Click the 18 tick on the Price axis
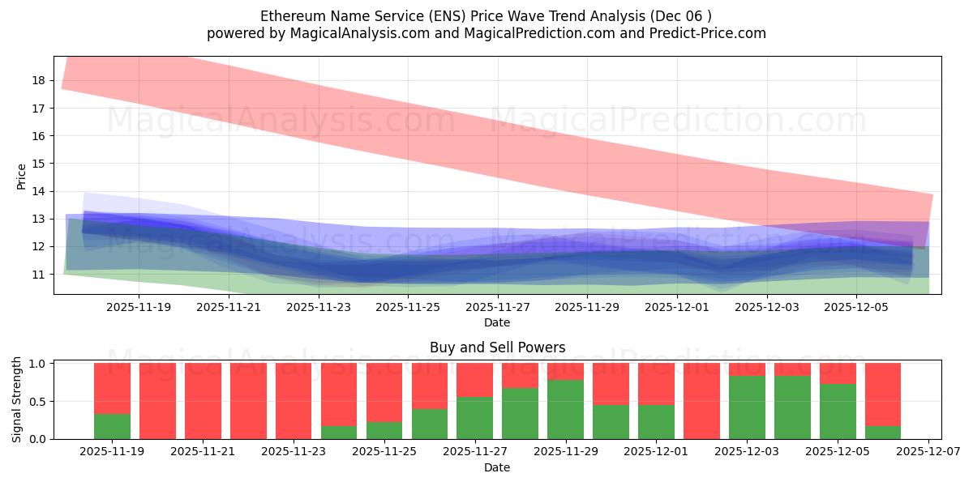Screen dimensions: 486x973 pyautogui.click(x=39, y=80)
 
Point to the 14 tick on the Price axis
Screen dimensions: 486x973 pyautogui.click(x=39, y=191)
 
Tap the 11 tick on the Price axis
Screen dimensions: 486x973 pyautogui.click(x=39, y=275)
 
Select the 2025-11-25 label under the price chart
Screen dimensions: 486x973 pyautogui.click(x=407, y=307)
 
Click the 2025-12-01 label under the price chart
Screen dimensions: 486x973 pyautogui.click(x=677, y=307)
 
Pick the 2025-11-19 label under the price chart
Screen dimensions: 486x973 pyautogui.click(x=139, y=307)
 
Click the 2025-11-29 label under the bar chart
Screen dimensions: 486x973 pyautogui.click(x=565, y=452)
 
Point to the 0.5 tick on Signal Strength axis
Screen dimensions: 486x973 pyautogui.click(x=37, y=402)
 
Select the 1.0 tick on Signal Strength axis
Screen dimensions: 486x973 pyautogui.click(x=37, y=364)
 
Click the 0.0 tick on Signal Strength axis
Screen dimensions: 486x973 pyautogui.click(x=37, y=439)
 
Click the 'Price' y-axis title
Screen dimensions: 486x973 pyautogui.click(x=22, y=176)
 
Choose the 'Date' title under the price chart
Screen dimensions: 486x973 pyautogui.click(x=497, y=322)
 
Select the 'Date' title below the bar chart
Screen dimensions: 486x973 pyautogui.click(x=497, y=467)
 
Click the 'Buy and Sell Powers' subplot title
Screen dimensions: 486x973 pyautogui.click(x=497, y=347)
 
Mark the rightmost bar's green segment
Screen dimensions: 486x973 pyautogui.click(x=883, y=433)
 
